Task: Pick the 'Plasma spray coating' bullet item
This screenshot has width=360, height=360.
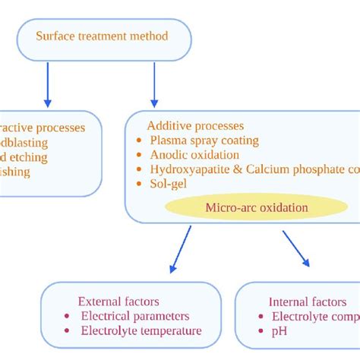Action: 204,141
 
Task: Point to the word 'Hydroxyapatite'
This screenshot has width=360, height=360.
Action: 190,169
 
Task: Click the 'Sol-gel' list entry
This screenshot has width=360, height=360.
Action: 169,184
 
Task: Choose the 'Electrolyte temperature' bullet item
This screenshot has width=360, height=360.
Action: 142,330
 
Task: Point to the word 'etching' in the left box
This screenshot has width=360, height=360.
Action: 30,157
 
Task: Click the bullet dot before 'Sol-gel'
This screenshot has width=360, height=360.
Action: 139,184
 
